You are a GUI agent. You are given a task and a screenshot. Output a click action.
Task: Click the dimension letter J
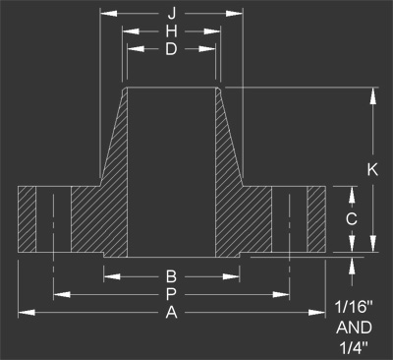tap(171, 14)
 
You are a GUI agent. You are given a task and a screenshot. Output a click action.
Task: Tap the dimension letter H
tap(171, 32)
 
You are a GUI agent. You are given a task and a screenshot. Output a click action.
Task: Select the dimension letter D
tap(171, 50)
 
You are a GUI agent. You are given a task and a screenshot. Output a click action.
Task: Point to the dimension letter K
tap(372, 169)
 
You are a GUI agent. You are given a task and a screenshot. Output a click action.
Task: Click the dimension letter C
tap(351, 217)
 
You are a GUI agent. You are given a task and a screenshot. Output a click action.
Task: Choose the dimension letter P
tap(171, 294)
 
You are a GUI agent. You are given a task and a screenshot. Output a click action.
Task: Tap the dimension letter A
tap(171, 313)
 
